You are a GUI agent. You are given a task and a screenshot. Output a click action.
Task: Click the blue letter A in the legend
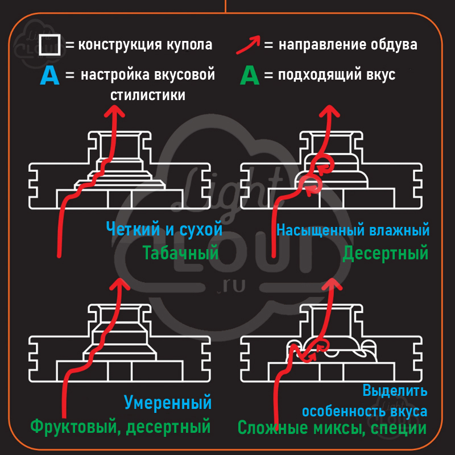click(x=49, y=76)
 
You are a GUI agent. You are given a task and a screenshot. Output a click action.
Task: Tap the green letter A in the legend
click(x=250, y=76)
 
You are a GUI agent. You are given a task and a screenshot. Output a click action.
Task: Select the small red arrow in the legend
click(x=248, y=44)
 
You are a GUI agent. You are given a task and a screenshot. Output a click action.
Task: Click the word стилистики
click(x=148, y=96)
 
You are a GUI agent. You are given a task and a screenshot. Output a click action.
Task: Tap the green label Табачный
click(x=180, y=253)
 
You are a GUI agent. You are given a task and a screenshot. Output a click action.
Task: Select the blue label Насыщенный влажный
click(x=353, y=230)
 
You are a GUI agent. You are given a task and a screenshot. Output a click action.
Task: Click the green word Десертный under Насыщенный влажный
click(x=386, y=253)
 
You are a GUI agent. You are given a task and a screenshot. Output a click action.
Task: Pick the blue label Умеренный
click(x=168, y=403)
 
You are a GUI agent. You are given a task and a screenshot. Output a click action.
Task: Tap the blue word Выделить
click(x=395, y=391)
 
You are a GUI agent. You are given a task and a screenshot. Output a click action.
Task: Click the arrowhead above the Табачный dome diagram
click(x=115, y=111)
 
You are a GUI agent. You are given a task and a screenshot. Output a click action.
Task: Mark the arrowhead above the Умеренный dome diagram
click(x=119, y=284)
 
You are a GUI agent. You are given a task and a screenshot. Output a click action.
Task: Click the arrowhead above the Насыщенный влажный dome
click(x=329, y=111)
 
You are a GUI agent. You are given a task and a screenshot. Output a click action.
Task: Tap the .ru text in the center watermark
click(x=231, y=286)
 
